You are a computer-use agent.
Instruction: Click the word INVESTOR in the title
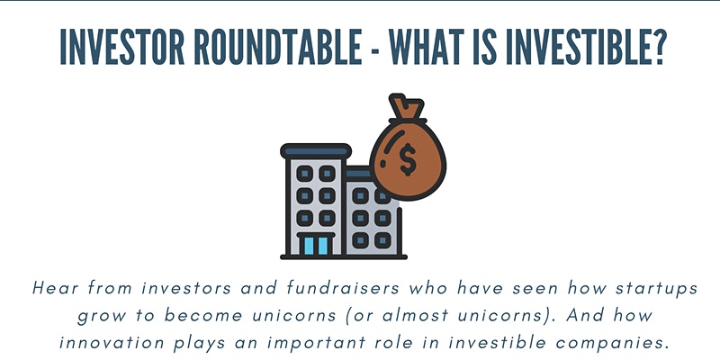[122, 48]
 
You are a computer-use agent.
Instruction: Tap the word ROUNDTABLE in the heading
[278, 48]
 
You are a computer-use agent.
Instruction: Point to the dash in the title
[375, 49]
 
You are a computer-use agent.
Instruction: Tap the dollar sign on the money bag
[408, 159]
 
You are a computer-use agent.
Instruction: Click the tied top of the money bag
[406, 107]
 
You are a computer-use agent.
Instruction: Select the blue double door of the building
[316, 245]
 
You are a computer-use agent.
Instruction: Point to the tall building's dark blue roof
[316, 151]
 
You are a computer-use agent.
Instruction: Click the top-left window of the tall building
[304, 174]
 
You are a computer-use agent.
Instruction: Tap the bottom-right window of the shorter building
[382, 239]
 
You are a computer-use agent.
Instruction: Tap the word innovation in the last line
[112, 343]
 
